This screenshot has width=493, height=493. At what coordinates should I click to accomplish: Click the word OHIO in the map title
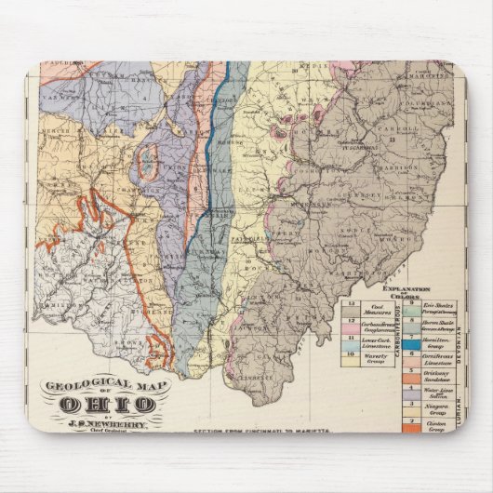click(107, 404)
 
